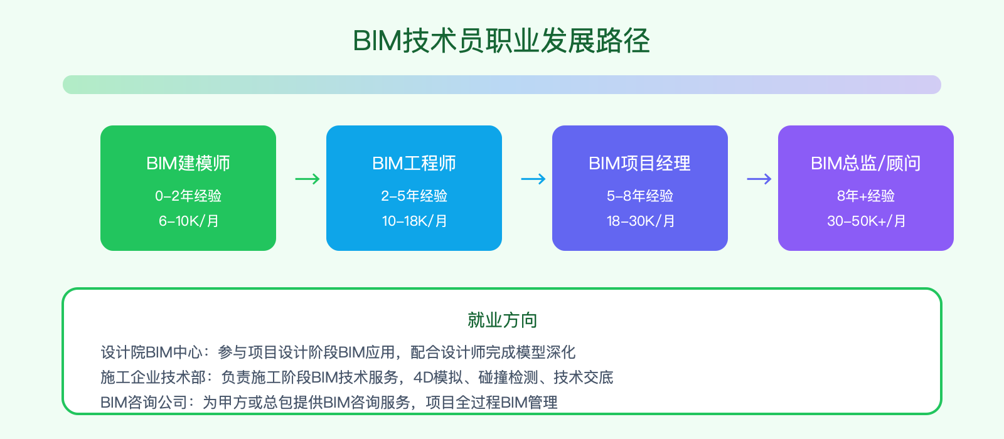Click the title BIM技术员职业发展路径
501,41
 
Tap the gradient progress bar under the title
501,85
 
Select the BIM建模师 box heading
188,163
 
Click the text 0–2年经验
188,196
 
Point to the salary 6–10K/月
188,221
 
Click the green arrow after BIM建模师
307,179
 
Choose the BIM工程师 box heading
414,163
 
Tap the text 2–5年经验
414,196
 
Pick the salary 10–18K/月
414,221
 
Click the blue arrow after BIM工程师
533,179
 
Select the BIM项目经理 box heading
639,163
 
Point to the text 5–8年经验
639,196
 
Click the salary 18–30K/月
640,221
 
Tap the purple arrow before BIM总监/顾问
759,179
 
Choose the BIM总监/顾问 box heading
865,163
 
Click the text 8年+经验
865,196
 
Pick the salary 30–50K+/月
866,221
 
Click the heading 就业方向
502,320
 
